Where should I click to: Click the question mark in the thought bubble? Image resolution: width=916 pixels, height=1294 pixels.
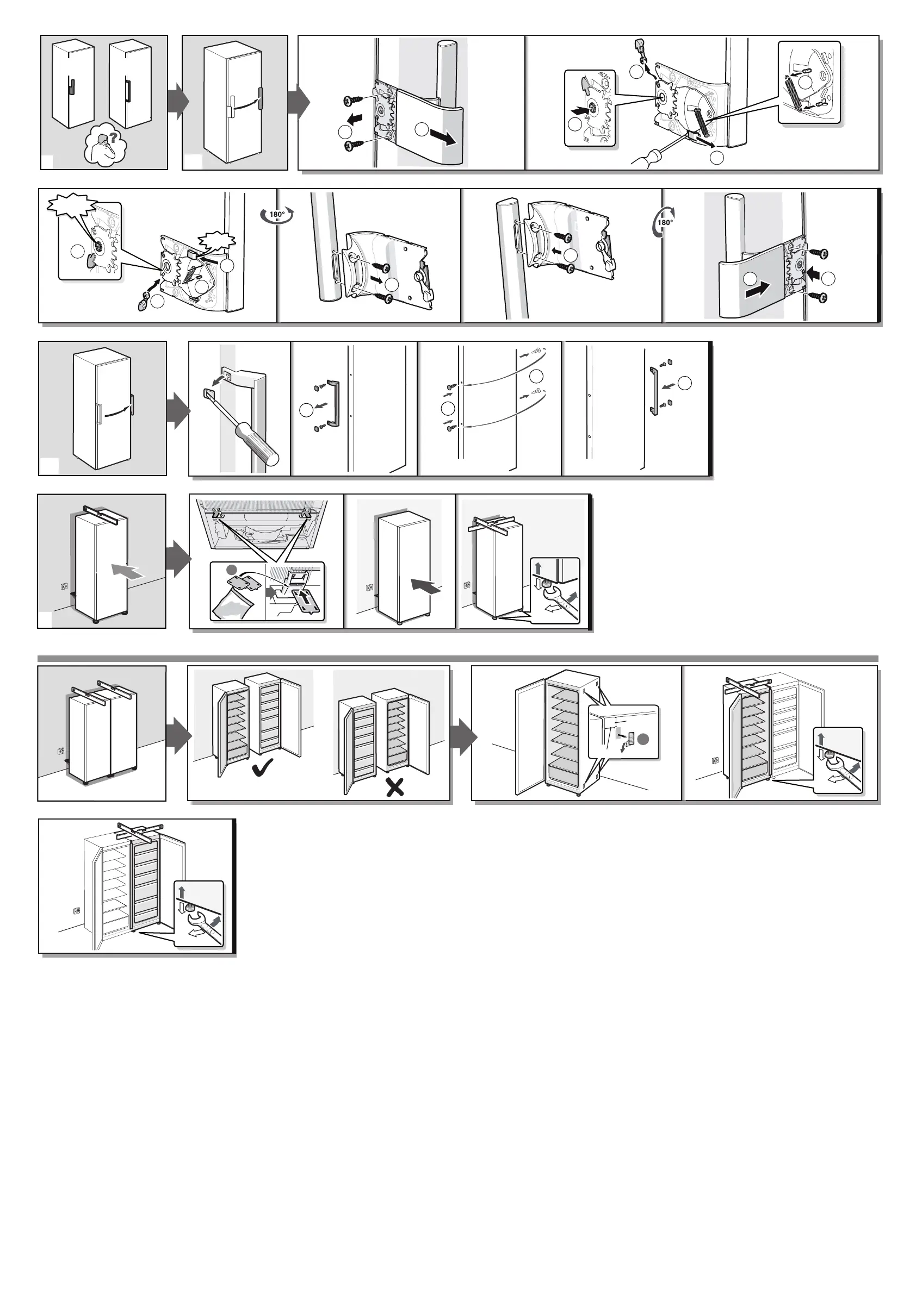pos(113,137)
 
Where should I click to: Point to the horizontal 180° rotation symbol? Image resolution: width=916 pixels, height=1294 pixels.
pos(277,215)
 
